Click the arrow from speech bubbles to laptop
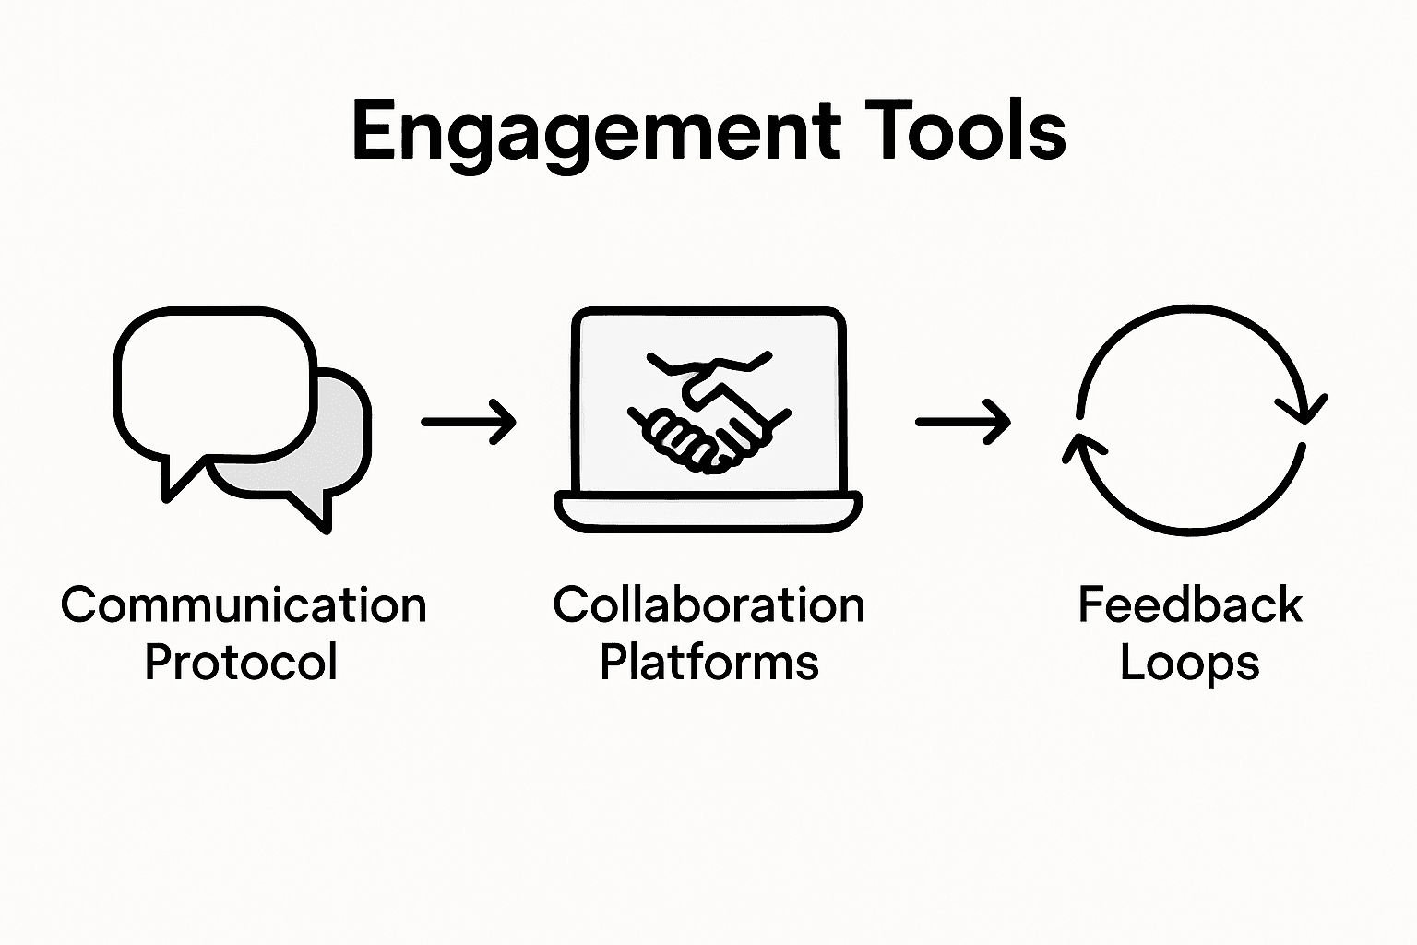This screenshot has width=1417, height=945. (468, 422)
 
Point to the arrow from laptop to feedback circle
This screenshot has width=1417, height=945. (962, 422)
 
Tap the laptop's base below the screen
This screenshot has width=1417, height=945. (708, 512)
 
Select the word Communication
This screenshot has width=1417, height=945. (244, 606)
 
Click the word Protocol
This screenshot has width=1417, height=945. (241, 663)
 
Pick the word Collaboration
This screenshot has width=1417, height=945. (708, 606)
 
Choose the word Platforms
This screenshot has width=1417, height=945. (708, 663)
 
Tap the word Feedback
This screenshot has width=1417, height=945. (1190, 606)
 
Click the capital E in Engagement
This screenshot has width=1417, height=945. (374, 131)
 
